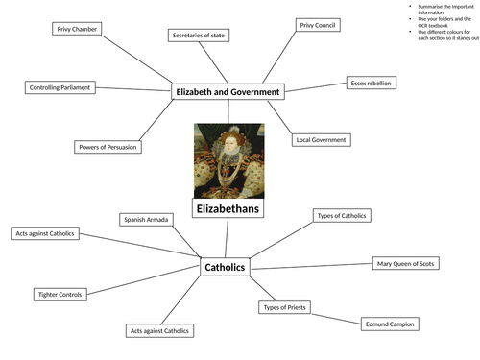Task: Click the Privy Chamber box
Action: [77, 29]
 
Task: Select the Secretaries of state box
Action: [200, 36]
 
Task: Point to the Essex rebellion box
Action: [370, 84]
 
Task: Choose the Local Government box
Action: [321, 140]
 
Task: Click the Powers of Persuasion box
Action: [108, 147]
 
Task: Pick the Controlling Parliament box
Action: [60, 87]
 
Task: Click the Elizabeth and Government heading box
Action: [228, 92]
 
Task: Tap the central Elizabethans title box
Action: [228, 208]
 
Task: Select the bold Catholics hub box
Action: [226, 267]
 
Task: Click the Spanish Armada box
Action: [147, 220]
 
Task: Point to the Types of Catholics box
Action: [342, 215]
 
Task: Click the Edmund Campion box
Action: [389, 324]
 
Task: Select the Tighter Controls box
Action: [60, 294]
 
